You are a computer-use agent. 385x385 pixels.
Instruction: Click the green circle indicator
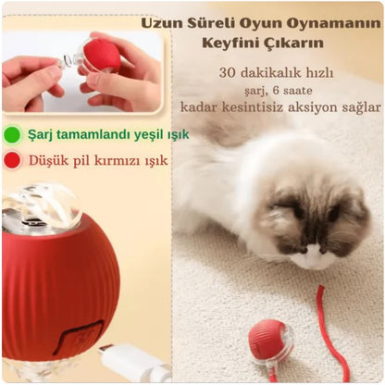(11, 135)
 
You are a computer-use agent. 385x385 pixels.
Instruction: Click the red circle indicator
(11, 160)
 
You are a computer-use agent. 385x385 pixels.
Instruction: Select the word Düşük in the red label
(45, 160)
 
